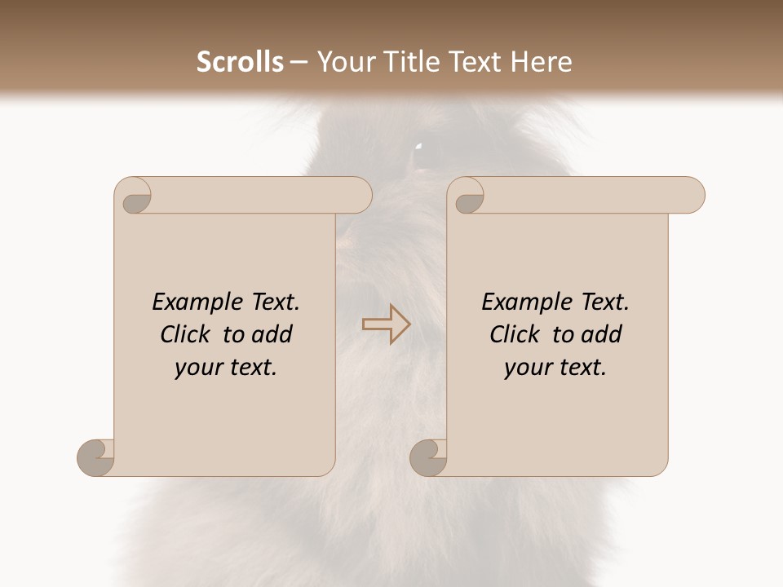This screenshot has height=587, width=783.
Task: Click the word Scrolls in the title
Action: coord(240,62)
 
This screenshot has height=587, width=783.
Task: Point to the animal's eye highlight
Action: coord(418,148)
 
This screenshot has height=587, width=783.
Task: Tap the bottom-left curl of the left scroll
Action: coord(96,457)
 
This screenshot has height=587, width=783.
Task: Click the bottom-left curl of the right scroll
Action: coord(429,457)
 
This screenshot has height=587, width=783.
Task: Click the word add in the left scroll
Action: coord(272,334)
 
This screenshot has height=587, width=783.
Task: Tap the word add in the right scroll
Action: coord(601,334)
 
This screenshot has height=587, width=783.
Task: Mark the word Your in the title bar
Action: coord(345,62)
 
